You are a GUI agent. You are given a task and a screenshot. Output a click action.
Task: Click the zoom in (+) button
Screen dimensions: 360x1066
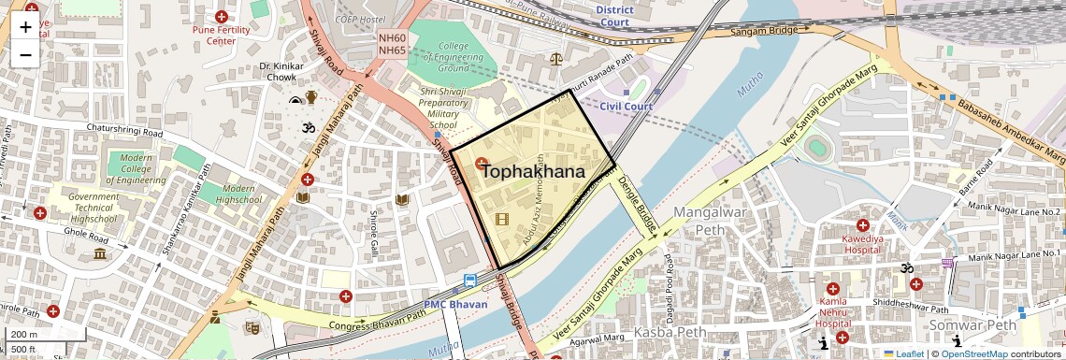click(25, 27)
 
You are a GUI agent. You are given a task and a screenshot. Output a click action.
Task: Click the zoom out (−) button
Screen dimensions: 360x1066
click(25, 55)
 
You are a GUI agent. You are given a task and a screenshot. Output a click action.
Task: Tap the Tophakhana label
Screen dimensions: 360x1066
click(533, 172)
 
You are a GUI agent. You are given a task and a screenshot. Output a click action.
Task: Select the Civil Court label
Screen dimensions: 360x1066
click(626, 106)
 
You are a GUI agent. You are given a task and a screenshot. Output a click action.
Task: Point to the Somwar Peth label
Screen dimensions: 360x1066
click(972, 325)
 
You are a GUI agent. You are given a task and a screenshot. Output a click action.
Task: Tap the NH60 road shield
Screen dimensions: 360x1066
click(392, 38)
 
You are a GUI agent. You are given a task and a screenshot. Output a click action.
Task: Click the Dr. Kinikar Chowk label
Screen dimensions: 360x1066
click(278, 72)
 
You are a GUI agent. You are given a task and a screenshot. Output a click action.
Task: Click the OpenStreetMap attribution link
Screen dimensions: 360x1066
click(973, 354)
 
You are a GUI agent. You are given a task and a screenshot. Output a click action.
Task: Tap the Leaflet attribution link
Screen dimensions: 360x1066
click(902, 354)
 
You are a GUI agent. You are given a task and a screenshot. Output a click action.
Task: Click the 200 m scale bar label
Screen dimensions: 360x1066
click(24, 335)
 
